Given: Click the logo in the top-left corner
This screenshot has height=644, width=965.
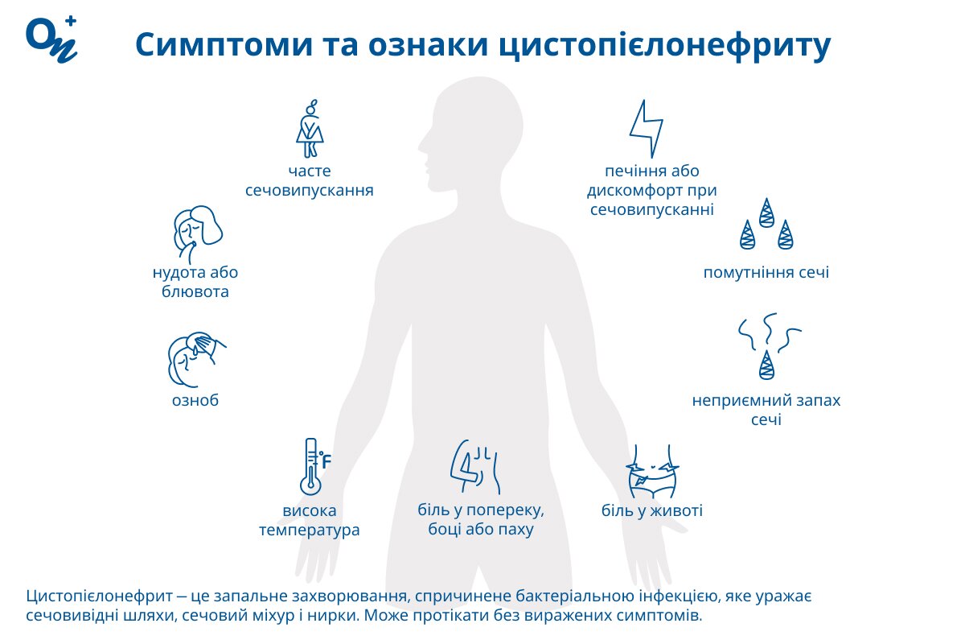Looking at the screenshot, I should click(52, 39).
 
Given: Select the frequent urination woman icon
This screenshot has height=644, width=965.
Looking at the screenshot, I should click(310, 128).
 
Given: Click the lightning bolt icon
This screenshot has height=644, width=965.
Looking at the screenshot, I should click(646, 129).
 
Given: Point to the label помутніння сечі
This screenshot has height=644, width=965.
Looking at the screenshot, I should click(766, 273).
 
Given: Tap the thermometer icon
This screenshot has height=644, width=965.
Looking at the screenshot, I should click(309, 467).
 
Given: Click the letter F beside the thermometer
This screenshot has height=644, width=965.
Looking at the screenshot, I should click(326, 462).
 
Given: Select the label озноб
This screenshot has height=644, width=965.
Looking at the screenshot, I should click(196, 401).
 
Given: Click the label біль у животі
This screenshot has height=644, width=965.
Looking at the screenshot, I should click(652, 510).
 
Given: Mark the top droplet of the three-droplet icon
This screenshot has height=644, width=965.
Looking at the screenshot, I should click(766, 211).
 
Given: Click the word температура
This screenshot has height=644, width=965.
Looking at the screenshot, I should click(310, 530).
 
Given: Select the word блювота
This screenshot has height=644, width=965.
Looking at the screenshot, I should click(195, 291).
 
